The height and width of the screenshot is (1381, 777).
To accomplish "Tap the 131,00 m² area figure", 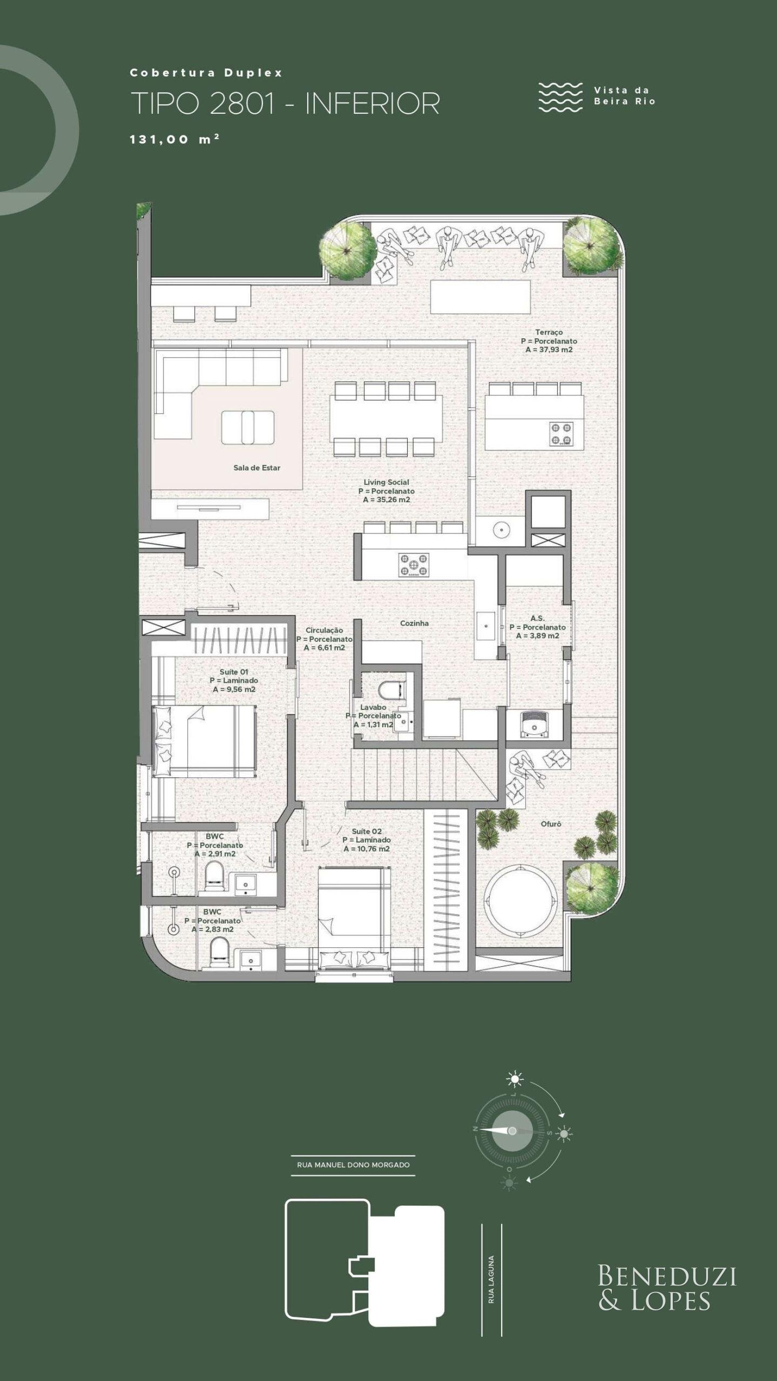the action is [x=174, y=139].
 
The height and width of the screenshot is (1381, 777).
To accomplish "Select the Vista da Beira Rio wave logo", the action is [x=560, y=97].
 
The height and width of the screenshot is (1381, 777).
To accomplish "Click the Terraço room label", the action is [x=549, y=332].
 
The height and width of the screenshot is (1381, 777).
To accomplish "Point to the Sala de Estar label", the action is [x=256, y=468].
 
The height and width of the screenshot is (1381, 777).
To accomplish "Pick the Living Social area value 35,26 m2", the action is [x=387, y=500].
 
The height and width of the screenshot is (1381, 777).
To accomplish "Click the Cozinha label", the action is [x=414, y=623].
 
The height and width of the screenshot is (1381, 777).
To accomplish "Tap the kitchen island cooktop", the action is [x=414, y=565].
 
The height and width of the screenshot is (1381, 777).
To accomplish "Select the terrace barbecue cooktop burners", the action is [x=562, y=434].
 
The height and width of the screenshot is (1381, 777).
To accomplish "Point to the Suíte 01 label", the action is [x=234, y=672].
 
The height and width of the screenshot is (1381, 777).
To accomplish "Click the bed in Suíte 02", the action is [x=354, y=912].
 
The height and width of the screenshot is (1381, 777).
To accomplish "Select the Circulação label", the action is [x=324, y=630].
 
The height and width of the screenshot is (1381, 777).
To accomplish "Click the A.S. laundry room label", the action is [x=537, y=618].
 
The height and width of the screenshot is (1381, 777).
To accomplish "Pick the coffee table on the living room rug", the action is [x=248, y=427].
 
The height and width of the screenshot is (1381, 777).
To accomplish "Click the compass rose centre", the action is [x=512, y=1131].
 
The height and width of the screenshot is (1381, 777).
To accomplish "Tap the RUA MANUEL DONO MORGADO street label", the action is [x=353, y=1165].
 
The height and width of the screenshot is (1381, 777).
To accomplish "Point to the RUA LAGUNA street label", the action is [x=491, y=1272].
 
